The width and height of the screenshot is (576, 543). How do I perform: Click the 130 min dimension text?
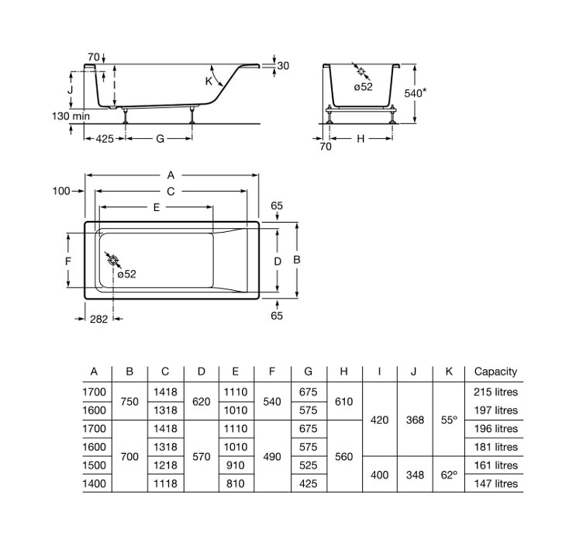[69, 116]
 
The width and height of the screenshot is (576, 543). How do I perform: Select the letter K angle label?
[209, 81]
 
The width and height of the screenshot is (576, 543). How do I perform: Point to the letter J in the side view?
[71, 90]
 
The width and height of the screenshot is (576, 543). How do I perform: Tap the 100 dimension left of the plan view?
[61, 191]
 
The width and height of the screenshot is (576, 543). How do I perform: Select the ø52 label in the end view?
[363, 87]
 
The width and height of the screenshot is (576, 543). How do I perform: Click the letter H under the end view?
[360, 139]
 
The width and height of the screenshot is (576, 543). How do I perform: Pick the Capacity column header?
[495, 372]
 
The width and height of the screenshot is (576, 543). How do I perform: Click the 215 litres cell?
[495, 392]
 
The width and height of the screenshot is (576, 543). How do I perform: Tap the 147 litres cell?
[495, 483]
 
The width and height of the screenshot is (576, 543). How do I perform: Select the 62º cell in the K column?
[450, 475]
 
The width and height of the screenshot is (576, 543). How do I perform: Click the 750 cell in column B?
[130, 401]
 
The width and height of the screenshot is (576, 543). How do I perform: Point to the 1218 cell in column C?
[165, 465]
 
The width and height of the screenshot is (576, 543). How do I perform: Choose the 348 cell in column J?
[415, 475]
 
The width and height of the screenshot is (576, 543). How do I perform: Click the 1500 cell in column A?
[95, 465]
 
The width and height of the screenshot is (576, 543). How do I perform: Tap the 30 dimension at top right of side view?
[283, 66]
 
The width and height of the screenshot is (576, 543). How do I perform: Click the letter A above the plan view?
[171, 175]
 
